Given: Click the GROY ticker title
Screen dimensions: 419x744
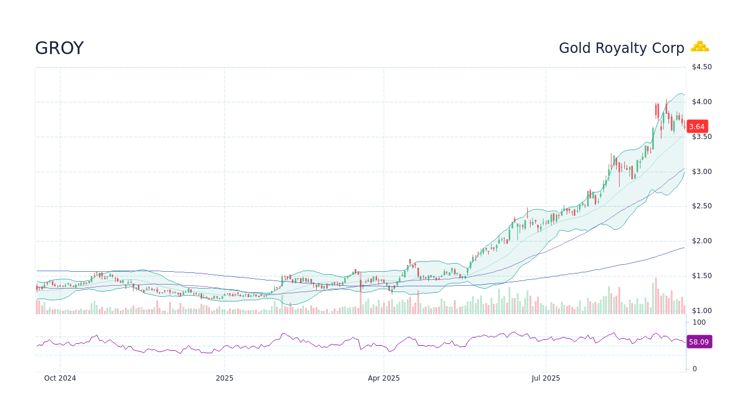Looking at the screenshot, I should (59, 48).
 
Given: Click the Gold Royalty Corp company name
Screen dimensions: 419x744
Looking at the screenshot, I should (621, 48).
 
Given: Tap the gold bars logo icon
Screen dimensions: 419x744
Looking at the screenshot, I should (700, 47).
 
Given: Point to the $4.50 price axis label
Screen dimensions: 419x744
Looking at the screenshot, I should (701, 67).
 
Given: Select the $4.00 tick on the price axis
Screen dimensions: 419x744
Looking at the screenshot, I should (701, 102).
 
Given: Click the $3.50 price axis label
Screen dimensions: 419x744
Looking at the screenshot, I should (701, 137).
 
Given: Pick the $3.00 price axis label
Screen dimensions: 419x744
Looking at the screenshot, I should (701, 172).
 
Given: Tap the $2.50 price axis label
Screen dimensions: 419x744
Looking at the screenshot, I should (701, 206).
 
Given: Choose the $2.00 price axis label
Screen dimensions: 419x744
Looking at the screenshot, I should (701, 241).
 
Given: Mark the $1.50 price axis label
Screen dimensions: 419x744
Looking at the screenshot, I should (701, 276).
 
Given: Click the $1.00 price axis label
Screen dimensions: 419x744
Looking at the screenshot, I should (701, 311).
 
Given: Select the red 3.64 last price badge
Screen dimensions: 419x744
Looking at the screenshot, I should (697, 126).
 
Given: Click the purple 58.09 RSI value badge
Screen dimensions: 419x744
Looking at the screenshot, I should (699, 342).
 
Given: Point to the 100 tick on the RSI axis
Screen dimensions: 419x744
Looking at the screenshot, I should (699, 322).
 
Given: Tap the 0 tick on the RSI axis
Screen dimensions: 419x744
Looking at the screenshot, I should (695, 369).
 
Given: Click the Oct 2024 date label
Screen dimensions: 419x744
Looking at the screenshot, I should (60, 378).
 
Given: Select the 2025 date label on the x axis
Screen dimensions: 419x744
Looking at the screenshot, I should (224, 378).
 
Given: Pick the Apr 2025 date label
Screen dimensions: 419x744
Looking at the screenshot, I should (384, 378).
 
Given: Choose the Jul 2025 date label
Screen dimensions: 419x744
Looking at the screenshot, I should (546, 378).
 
